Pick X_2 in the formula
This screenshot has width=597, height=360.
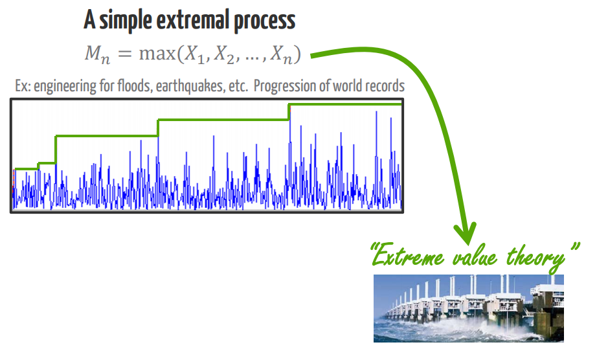click(224, 54)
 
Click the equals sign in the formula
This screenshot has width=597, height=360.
click(124, 54)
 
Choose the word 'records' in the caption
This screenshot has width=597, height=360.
click(385, 86)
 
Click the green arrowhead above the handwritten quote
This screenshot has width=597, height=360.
click(466, 233)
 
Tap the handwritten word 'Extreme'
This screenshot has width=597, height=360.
click(407, 256)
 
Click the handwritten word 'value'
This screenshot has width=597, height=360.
click(475, 257)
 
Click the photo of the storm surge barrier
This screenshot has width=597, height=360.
click(468, 308)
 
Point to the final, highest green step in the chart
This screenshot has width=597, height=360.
click(345, 104)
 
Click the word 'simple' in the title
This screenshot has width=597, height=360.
click(126, 21)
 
